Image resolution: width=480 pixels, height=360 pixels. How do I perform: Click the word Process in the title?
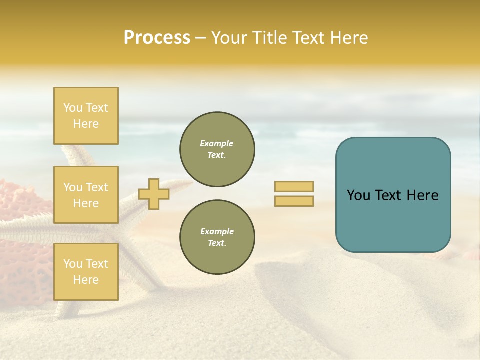[157, 38]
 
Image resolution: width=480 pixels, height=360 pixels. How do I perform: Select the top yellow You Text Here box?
[86, 116]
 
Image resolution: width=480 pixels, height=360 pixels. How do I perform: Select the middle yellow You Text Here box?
[86, 195]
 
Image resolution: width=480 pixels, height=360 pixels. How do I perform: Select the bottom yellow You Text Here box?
[86, 272]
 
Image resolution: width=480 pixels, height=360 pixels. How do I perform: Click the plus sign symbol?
[154, 194]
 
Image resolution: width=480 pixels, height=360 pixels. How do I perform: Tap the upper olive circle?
[217, 149]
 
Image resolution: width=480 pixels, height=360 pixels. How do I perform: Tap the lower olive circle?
[217, 237]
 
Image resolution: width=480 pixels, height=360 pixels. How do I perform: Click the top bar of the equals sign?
[294, 186]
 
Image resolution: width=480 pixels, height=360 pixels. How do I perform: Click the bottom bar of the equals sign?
[294, 201]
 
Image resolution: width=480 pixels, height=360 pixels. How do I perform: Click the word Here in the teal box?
[422, 195]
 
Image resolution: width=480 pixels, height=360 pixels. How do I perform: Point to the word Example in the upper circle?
[216, 143]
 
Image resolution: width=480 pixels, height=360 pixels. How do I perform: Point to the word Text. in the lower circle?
[217, 243]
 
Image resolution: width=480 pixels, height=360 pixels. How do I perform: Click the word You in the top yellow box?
[72, 108]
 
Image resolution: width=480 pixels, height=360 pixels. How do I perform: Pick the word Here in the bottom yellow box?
[86, 280]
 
